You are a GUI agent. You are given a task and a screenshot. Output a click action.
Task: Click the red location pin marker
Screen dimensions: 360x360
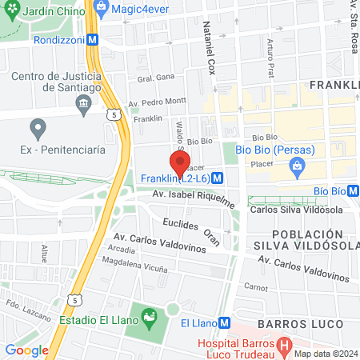point(180,162)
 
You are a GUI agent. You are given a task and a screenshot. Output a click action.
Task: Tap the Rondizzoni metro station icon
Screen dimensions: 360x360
point(94,38)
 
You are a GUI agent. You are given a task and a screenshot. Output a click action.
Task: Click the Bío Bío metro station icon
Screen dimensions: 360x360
point(353,190)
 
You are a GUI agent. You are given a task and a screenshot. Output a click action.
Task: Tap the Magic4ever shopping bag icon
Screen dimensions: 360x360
point(101,6)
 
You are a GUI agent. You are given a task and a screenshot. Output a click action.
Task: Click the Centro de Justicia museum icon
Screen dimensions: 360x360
point(82,103)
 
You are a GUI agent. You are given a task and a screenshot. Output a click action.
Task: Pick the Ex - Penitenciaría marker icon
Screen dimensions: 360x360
point(37,127)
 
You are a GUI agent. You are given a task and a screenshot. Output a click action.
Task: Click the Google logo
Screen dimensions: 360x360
point(26,350)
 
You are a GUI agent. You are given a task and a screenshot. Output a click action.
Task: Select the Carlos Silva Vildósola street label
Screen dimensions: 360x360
point(296,210)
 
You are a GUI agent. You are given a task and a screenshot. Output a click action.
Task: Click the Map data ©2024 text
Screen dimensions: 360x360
point(325,353)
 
